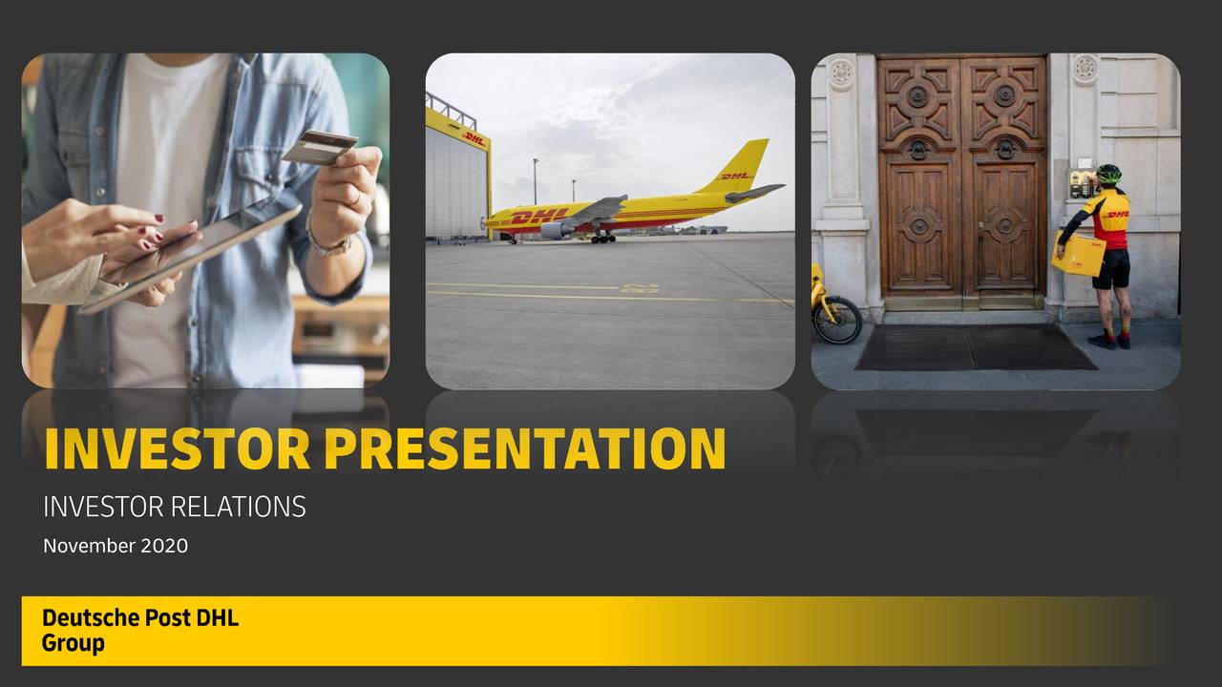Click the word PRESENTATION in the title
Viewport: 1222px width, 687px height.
pos(524,449)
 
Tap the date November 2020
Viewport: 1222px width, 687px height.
pos(116,546)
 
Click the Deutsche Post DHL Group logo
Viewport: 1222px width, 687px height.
pos(139,631)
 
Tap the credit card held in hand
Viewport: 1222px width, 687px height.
pos(319,148)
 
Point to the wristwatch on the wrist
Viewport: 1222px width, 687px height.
pos(329,243)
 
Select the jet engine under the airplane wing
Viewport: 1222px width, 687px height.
pos(557,230)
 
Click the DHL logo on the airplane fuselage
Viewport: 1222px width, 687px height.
pos(538,217)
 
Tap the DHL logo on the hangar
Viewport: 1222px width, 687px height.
pos(474,139)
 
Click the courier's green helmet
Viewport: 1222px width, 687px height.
pos(1107,175)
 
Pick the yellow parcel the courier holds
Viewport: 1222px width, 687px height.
pos(1079,255)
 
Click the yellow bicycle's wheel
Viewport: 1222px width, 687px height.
pos(837,320)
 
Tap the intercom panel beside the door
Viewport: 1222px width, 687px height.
pos(1083,182)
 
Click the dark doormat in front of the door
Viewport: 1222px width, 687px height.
pos(974,347)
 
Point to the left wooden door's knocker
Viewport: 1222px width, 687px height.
pos(917,150)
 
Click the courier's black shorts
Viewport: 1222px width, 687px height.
pos(1112,269)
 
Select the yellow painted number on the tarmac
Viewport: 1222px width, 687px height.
pos(638,287)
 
